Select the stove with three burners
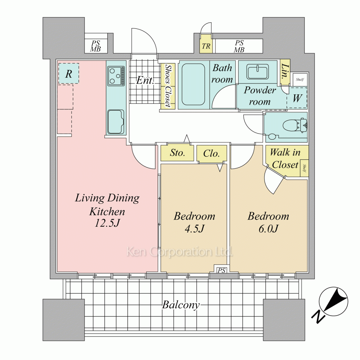click(x=116, y=76)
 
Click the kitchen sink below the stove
click(x=116, y=121)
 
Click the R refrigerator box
click(x=68, y=74)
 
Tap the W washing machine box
click(x=297, y=98)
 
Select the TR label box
click(x=206, y=46)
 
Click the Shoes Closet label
click(x=167, y=86)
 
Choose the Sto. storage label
click(x=177, y=153)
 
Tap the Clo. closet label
click(x=211, y=154)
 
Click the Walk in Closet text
click(x=285, y=158)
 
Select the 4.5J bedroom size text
click(x=194, y=229)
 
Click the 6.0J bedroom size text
click(x=268, y=229)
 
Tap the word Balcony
click(x=181, y=305)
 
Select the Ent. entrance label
click(x=145, y=81)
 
